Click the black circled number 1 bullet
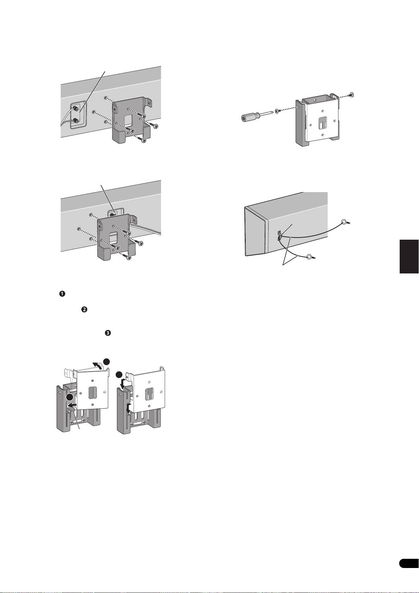click(62, 294)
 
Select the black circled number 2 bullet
click(84, 310)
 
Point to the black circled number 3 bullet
click(108, 333)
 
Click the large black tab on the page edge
click(409, 256)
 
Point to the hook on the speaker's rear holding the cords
click(279, 235)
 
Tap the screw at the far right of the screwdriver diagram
click(352, 94)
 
